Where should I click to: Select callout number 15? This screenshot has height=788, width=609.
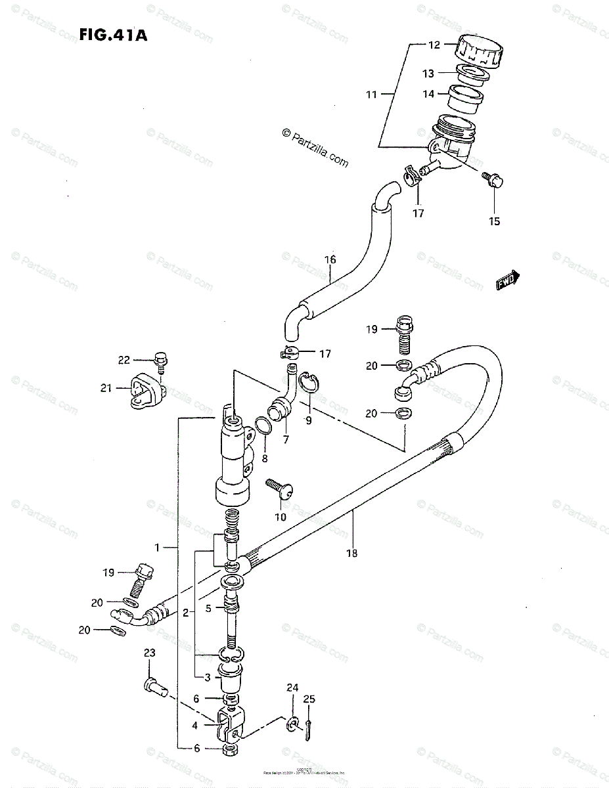(x=495, y=221)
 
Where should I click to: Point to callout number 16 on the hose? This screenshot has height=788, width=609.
(x=330, y=260)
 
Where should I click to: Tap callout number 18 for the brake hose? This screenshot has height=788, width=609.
(x=351, y=553)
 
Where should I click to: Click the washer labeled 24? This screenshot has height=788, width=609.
(x=292, y=723)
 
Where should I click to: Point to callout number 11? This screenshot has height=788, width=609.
(x=372, y=95)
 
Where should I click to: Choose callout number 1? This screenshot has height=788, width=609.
(x=157, y=547)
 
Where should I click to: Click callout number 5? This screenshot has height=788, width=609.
(x=208, y=609)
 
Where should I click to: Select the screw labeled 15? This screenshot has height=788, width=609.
(x=490, y=178)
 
